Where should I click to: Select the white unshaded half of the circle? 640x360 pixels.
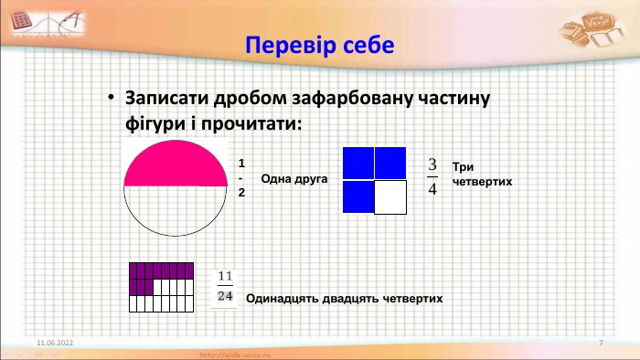[176, 208]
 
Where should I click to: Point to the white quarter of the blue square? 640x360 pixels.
[390, 196]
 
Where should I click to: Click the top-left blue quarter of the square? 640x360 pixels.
[358, 163]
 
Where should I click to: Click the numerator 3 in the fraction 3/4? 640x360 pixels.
[432, 165]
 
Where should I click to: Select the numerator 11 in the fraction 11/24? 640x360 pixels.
[226, 277]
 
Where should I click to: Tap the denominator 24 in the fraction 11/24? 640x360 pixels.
[226, 296]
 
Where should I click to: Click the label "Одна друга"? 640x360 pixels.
[293, 179]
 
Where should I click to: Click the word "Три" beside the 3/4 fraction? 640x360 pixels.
[462, 167]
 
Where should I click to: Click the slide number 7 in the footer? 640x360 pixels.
[601, 342]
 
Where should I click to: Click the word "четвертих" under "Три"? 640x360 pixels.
[481, 182]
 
